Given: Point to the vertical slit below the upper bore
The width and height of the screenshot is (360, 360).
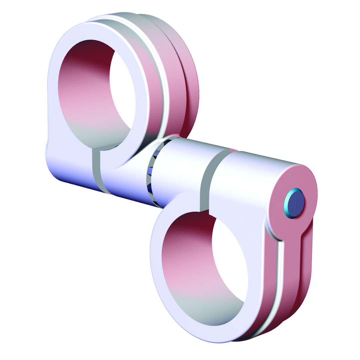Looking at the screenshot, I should click(96, 170).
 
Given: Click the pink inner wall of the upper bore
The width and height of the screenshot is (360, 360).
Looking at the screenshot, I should click(83, 100).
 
